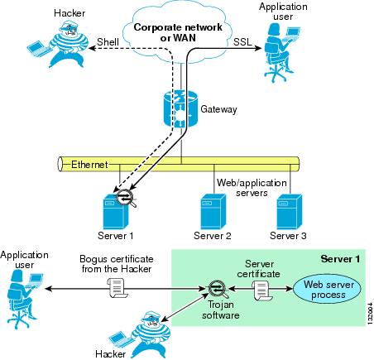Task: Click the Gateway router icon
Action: click(x=180, y=108)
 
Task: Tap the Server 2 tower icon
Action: click(x=213, y=212)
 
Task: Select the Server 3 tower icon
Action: click(x=290, y=212)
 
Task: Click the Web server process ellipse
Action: click(x=327, y=289)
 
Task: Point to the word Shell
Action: click(x=108, y=42)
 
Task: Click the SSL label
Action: click(x=242, y=41)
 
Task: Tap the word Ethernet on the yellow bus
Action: click(x=89, y=165)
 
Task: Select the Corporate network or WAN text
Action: click(x=178, y=32)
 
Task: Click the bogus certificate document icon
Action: click(x=117, y=288)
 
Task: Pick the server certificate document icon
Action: click(x=262, y=290)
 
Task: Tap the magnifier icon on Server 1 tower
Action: click(x=126, y=198)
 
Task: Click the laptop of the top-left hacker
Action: click(x=39, y=49)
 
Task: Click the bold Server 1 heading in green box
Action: click(x=340, y=259)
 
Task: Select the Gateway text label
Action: click(x=218, y=109)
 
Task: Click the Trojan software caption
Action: click(x=220, y=310)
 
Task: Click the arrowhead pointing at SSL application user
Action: click(x=257, y=48)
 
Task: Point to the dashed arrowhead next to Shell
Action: click(x=93, y=48)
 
